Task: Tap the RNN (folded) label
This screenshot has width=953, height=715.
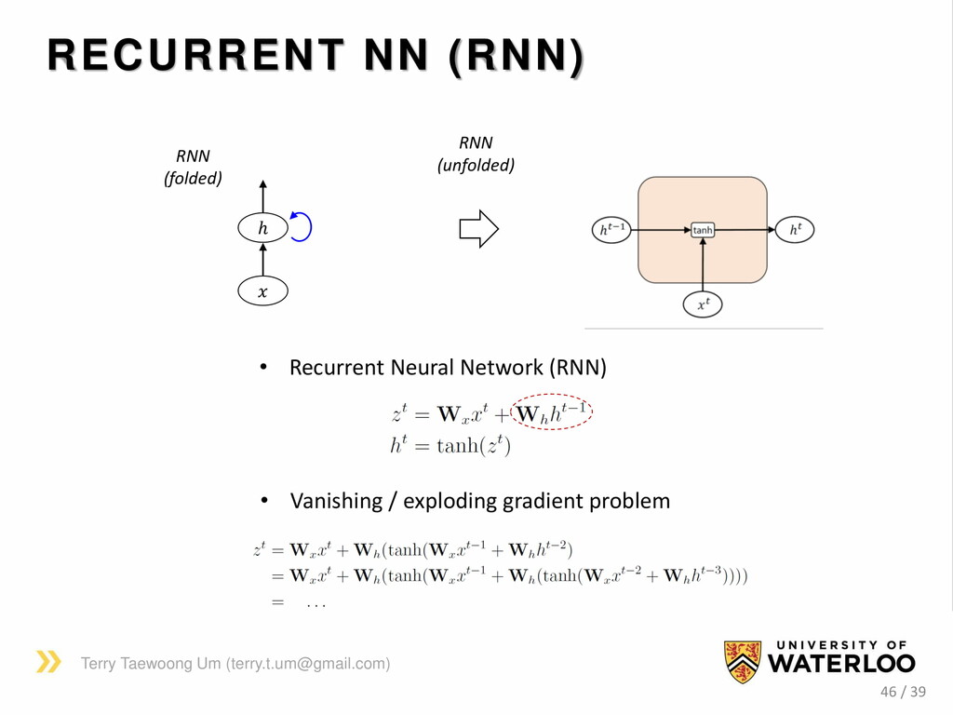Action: (194, 167)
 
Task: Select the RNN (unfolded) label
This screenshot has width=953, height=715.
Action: (476, 155)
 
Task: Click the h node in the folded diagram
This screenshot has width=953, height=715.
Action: (262, 227)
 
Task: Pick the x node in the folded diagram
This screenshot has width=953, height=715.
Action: (262, 291)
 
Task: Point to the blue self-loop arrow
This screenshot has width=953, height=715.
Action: (302, 226)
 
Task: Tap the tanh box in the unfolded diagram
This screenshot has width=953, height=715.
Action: (703, 229)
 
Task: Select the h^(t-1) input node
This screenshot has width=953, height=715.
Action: (611, 229)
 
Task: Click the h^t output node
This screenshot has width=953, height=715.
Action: (795, 229)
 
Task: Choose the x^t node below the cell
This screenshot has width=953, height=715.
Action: (703, 304)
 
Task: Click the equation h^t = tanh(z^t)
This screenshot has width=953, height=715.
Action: (450, 446)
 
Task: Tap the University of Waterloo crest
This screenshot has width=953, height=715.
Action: (742, 662)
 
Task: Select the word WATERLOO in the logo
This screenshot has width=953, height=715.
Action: (841, 664)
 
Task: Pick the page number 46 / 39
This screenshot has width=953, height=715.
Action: (903, 692)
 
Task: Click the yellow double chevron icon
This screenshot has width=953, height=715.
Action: (48, 662)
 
